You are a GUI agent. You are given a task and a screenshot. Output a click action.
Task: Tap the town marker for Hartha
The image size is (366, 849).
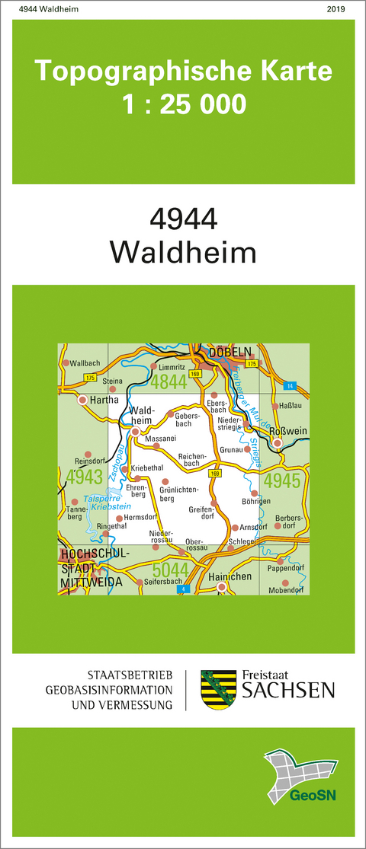click(x=82, y=398)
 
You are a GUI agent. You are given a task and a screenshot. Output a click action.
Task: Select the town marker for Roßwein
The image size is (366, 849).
click(x=278, y=442)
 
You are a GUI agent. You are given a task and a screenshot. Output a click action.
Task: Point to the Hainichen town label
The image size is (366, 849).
click(x=230, y=576)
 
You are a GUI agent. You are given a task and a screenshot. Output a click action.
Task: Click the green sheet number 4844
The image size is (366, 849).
click(x=169, y=381)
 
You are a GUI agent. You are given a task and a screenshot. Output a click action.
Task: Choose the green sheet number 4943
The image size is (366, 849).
click(x=85, y=477)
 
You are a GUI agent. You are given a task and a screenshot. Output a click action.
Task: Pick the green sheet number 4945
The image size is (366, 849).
click(x=283, y=480)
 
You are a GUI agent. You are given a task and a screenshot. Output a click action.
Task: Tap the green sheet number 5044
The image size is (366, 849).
click(x=173, y=570)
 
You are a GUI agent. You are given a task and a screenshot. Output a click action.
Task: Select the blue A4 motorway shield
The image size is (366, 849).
click(x=181, y=589)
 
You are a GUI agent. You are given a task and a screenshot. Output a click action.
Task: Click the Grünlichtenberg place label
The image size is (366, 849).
click(x=178, y=493)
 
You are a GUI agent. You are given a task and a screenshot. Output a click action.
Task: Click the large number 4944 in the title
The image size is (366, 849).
click(x=184, y=219)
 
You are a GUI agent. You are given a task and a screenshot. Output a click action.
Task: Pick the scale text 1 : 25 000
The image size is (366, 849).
click(x=184, y=102)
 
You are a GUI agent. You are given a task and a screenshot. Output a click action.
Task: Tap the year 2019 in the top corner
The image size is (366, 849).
click(x=335, y=8)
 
